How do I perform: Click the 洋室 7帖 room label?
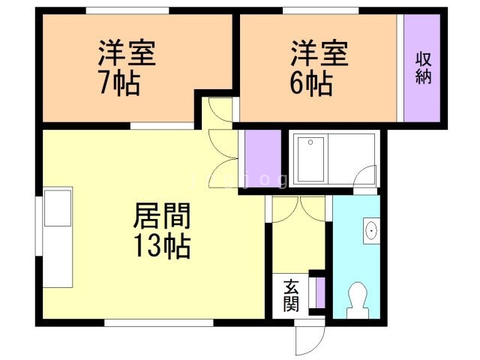click(x=126, y=67)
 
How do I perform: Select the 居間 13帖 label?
click(x=161, y=229)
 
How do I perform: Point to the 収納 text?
click(x=424, y=67)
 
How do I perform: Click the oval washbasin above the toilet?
click(x=370, y=231)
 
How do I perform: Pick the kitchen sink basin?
click(x=57, y=208)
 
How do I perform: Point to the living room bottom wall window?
click(x=157, y=322)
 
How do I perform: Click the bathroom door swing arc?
click(x=365, y=177)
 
